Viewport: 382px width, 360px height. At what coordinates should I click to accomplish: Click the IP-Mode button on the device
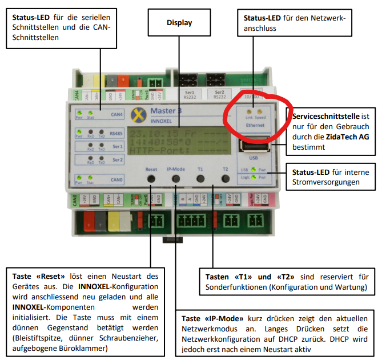(175, 179)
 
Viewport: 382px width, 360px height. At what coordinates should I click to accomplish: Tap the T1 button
(200, 179)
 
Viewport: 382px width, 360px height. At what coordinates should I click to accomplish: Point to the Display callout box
(179, 23)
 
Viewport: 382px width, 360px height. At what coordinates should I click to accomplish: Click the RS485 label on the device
(116, 134)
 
